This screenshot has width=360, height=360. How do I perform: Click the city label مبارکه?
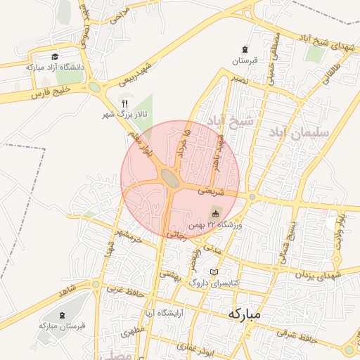click(243, 314)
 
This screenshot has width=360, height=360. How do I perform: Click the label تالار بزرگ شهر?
click(117, 113)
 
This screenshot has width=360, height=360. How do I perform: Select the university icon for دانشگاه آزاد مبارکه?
click(56, 57)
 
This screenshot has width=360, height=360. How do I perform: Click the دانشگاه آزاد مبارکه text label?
click(55, 67)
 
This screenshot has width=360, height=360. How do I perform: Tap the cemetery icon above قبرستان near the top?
click(244, 49)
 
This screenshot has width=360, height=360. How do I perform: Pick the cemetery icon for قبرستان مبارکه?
click(63, 314)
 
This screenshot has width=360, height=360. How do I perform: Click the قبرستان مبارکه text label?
click(62, 326)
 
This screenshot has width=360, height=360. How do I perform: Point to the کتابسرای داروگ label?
click(216, 282)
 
